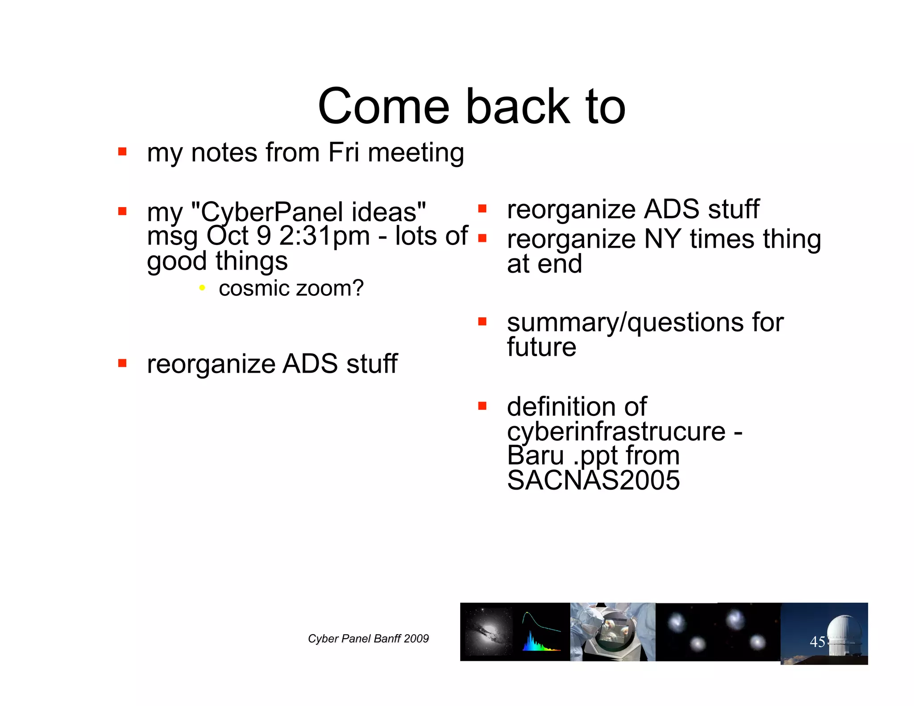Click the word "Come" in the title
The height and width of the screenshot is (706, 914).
pos(383,107)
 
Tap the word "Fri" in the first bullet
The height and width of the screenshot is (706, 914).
pos(343,153)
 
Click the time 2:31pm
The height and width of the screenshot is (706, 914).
pos(324,236)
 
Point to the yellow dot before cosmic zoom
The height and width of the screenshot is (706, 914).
pos(202,288)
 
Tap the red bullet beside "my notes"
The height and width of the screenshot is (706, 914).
pos(122,152)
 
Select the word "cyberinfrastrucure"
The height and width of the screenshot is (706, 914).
pos(616,432)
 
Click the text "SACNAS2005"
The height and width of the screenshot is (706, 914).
pos(593,481)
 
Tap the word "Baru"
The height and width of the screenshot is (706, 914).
pos(536,456)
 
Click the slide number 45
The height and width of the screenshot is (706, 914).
pos(817,642)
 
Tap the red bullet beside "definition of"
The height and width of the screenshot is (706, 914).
pos(482,406)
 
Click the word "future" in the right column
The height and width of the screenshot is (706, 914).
pos(541,347)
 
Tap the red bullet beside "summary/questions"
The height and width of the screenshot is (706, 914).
pos(482,322)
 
